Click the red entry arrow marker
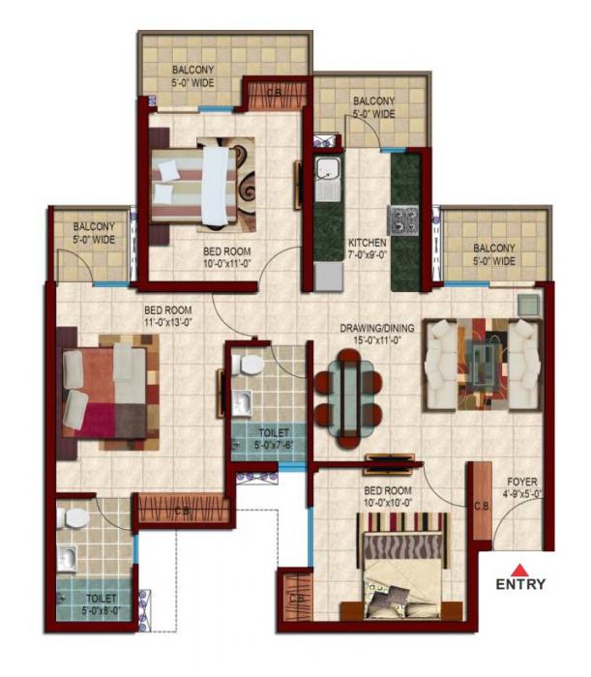(519, 569)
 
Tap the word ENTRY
(520, 584)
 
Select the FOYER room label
(521, 486)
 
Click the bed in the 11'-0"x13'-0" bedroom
(106, 387)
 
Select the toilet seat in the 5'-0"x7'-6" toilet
(250, 366)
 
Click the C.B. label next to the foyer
(482, 505)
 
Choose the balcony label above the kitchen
(372, 106)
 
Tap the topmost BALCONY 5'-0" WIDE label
(193, 75)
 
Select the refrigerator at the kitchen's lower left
(328, 277)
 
